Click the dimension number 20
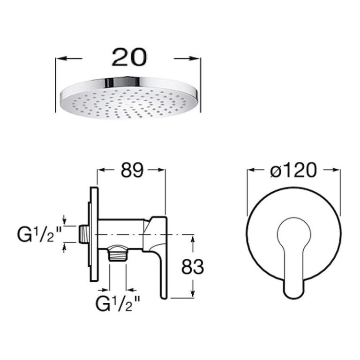tap(129, 57)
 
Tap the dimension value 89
tap(132, 170)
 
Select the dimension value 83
tap(193, 267)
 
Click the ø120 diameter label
tap(293, 170)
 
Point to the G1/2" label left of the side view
tap(39, 234)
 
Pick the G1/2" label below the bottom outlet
tap(118, 303)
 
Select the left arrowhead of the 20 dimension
tap(61, 58)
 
